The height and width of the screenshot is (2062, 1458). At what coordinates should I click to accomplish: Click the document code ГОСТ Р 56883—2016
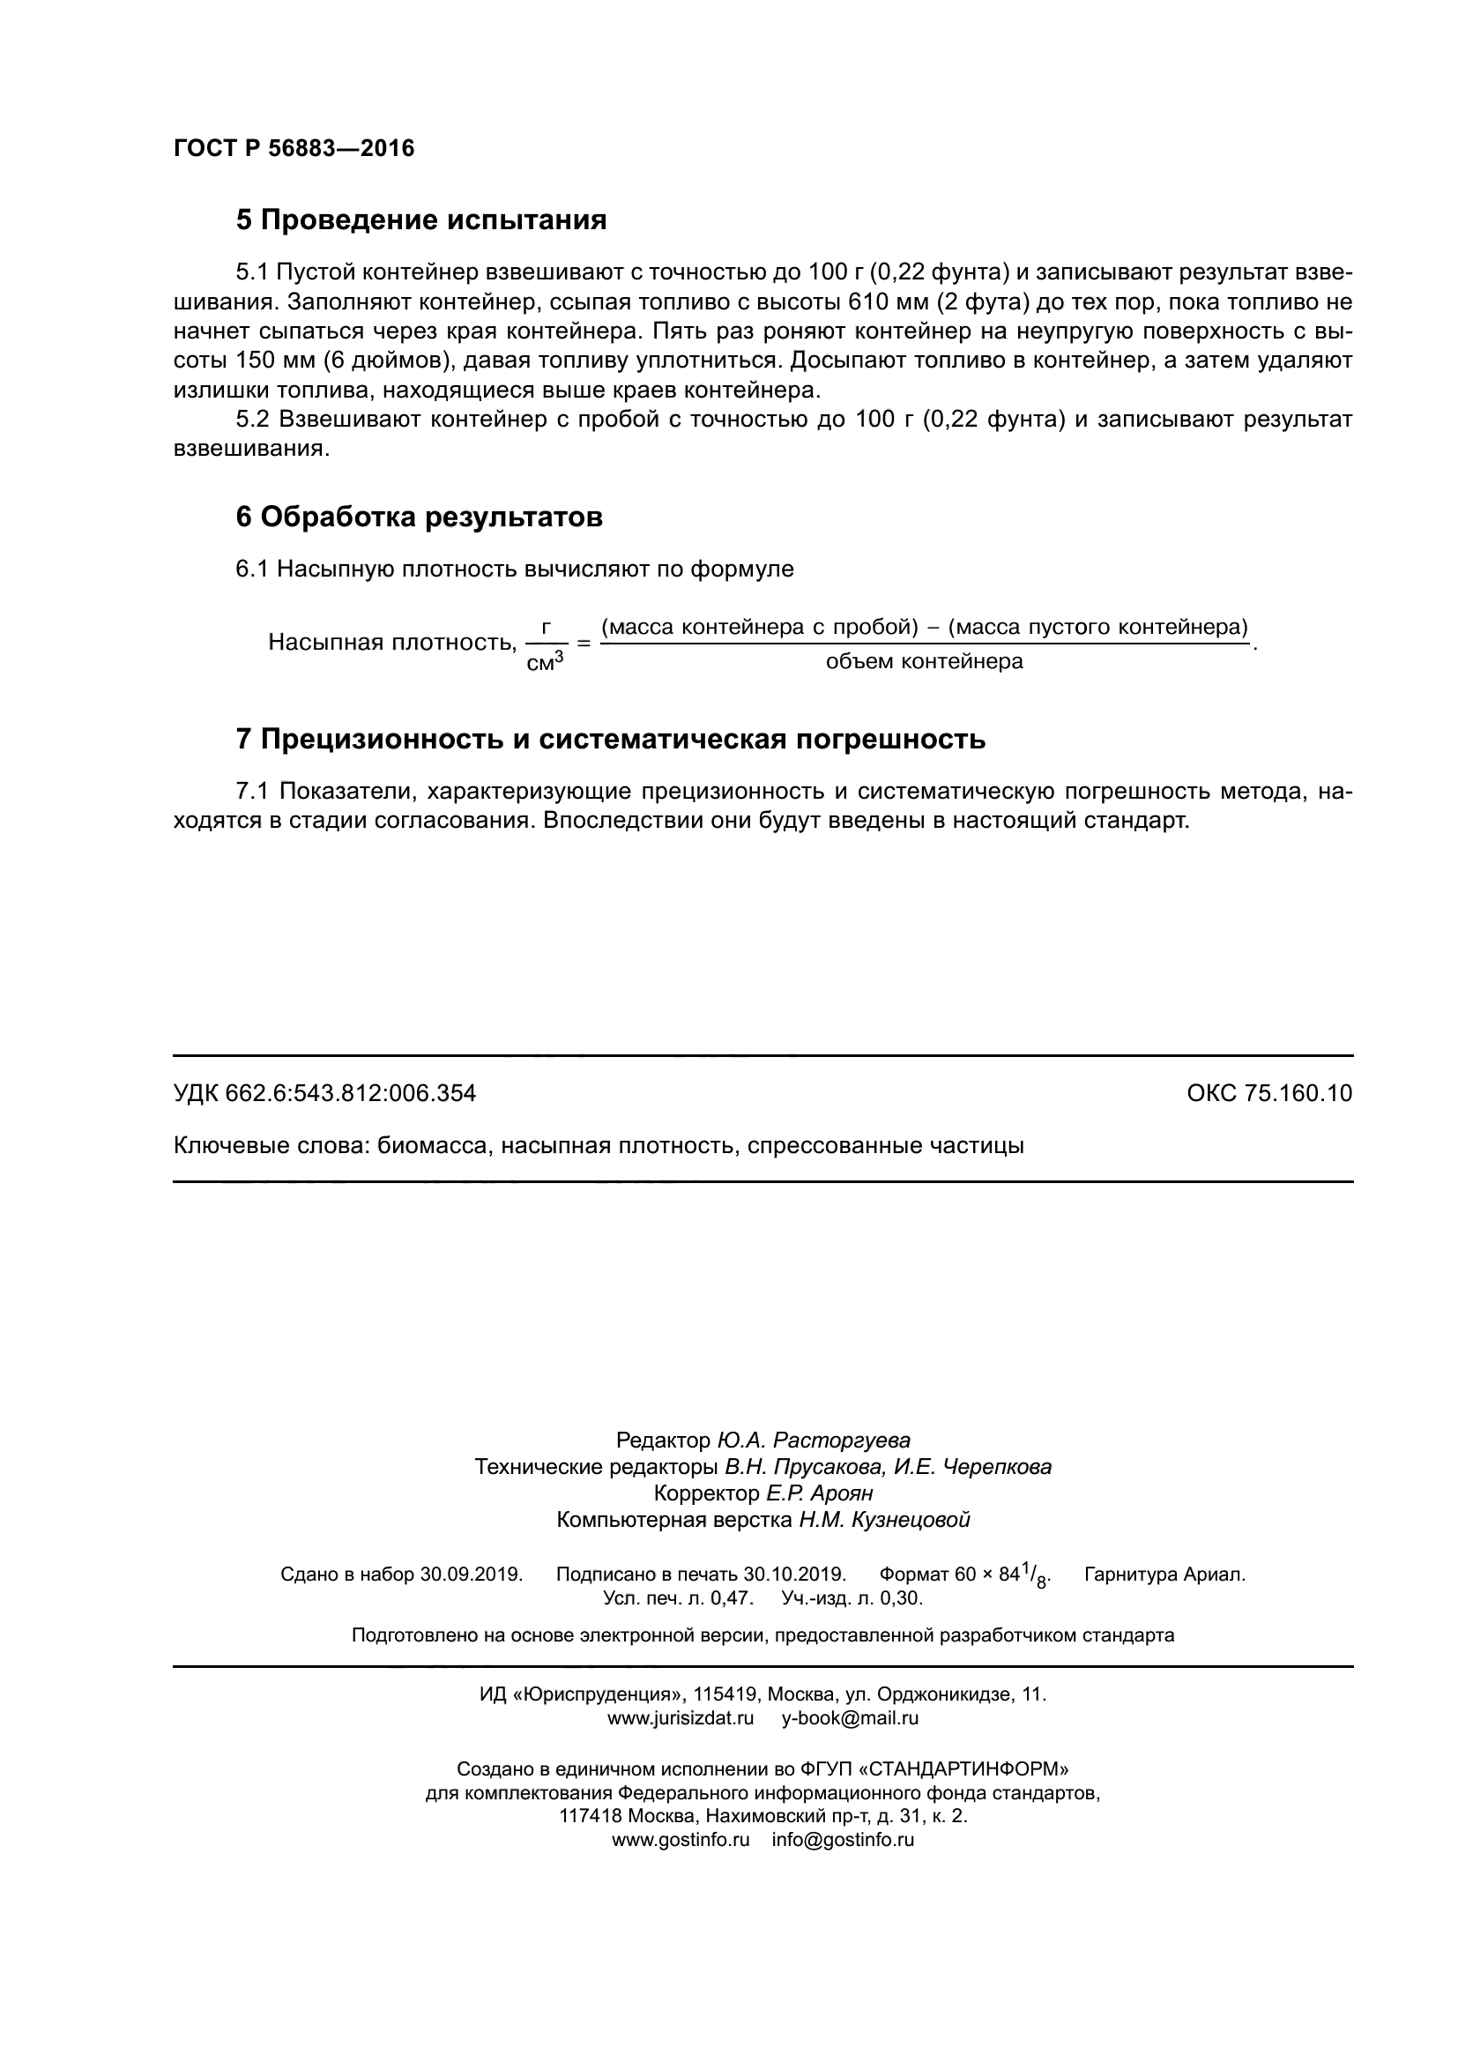tap(294, 148)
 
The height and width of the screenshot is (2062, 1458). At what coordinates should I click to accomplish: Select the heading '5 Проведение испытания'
tap(421, 220)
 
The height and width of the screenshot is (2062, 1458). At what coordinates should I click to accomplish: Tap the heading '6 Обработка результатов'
tap(419, 517)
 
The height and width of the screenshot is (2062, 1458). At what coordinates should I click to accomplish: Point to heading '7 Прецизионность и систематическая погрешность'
tap(611, 739)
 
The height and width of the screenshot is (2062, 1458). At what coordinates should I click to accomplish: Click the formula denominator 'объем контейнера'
tap(924, 662)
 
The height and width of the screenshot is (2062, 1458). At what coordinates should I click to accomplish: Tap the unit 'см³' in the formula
tap(544, 663)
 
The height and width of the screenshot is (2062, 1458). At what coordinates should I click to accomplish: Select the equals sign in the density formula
tap(584, 644)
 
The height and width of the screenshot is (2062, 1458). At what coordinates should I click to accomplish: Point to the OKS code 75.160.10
tap(1298, 1093)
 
